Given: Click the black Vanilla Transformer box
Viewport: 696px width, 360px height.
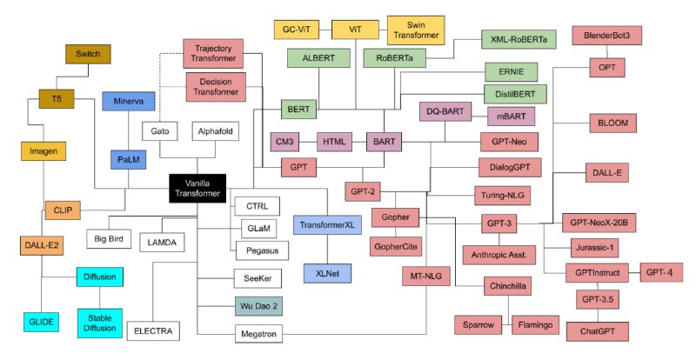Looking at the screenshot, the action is click(197, 188).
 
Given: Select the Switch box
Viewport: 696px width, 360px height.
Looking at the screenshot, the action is click(88, 54).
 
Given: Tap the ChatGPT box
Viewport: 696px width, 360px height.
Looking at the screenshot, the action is click(598, 331).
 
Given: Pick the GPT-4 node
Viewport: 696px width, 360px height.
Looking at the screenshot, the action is click(661, 272).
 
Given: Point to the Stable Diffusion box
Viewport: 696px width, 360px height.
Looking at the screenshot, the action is click(100, 323).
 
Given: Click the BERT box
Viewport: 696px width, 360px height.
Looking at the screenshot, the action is click(298, 110).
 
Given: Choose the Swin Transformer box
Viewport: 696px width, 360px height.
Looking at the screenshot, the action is click(416, 30).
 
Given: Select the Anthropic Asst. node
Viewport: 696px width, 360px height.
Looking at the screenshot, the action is click(499, 255).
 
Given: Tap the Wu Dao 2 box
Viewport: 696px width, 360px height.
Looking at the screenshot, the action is click(258, 306).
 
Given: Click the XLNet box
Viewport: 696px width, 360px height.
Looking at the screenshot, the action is click(328, 273).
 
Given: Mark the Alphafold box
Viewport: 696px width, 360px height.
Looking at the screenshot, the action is click(215, 131).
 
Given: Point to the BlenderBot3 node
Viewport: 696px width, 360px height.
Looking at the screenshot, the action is click(606, 35).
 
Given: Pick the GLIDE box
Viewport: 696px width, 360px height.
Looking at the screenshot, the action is click(41, 322).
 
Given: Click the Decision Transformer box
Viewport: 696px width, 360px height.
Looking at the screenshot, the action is click(216, 87).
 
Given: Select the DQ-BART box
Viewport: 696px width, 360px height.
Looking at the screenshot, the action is click(445, 111).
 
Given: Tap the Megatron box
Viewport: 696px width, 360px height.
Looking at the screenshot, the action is click(258, 334).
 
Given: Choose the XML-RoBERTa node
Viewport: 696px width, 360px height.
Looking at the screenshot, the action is click(519, 39).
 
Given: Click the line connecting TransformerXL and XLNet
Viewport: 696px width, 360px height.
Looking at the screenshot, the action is click(328, 249).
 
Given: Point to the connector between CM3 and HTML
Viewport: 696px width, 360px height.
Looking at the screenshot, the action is click(308, 142).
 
